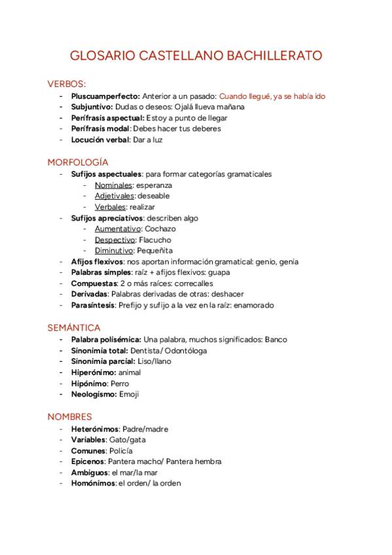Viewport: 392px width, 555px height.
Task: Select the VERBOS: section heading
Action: coord(67,84)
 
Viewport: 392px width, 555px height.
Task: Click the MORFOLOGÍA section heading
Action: coord(78,162)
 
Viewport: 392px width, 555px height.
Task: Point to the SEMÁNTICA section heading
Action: coord(74,328)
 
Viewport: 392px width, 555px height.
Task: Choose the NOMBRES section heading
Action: coord(70,416)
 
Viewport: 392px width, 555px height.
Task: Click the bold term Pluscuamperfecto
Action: coord(105,96)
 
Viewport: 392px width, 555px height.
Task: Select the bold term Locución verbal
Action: coord(100,139)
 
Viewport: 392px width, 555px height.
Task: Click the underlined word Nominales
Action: coord(113,185)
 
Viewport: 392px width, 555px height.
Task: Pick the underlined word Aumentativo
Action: coord(117,229)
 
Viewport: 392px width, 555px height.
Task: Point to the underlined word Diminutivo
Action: coord(115,251)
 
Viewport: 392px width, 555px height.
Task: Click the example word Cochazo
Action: coord(160,229)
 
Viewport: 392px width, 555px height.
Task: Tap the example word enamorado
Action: coord(252,305)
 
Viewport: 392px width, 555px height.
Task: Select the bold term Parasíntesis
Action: coord(93,305)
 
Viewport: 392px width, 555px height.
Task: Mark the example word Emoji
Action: coord(129,395)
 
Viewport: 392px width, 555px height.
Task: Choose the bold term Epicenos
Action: coord(88,461)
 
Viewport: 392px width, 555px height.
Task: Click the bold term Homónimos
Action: coord(93,484)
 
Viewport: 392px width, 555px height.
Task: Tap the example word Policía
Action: coord(121,451)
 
